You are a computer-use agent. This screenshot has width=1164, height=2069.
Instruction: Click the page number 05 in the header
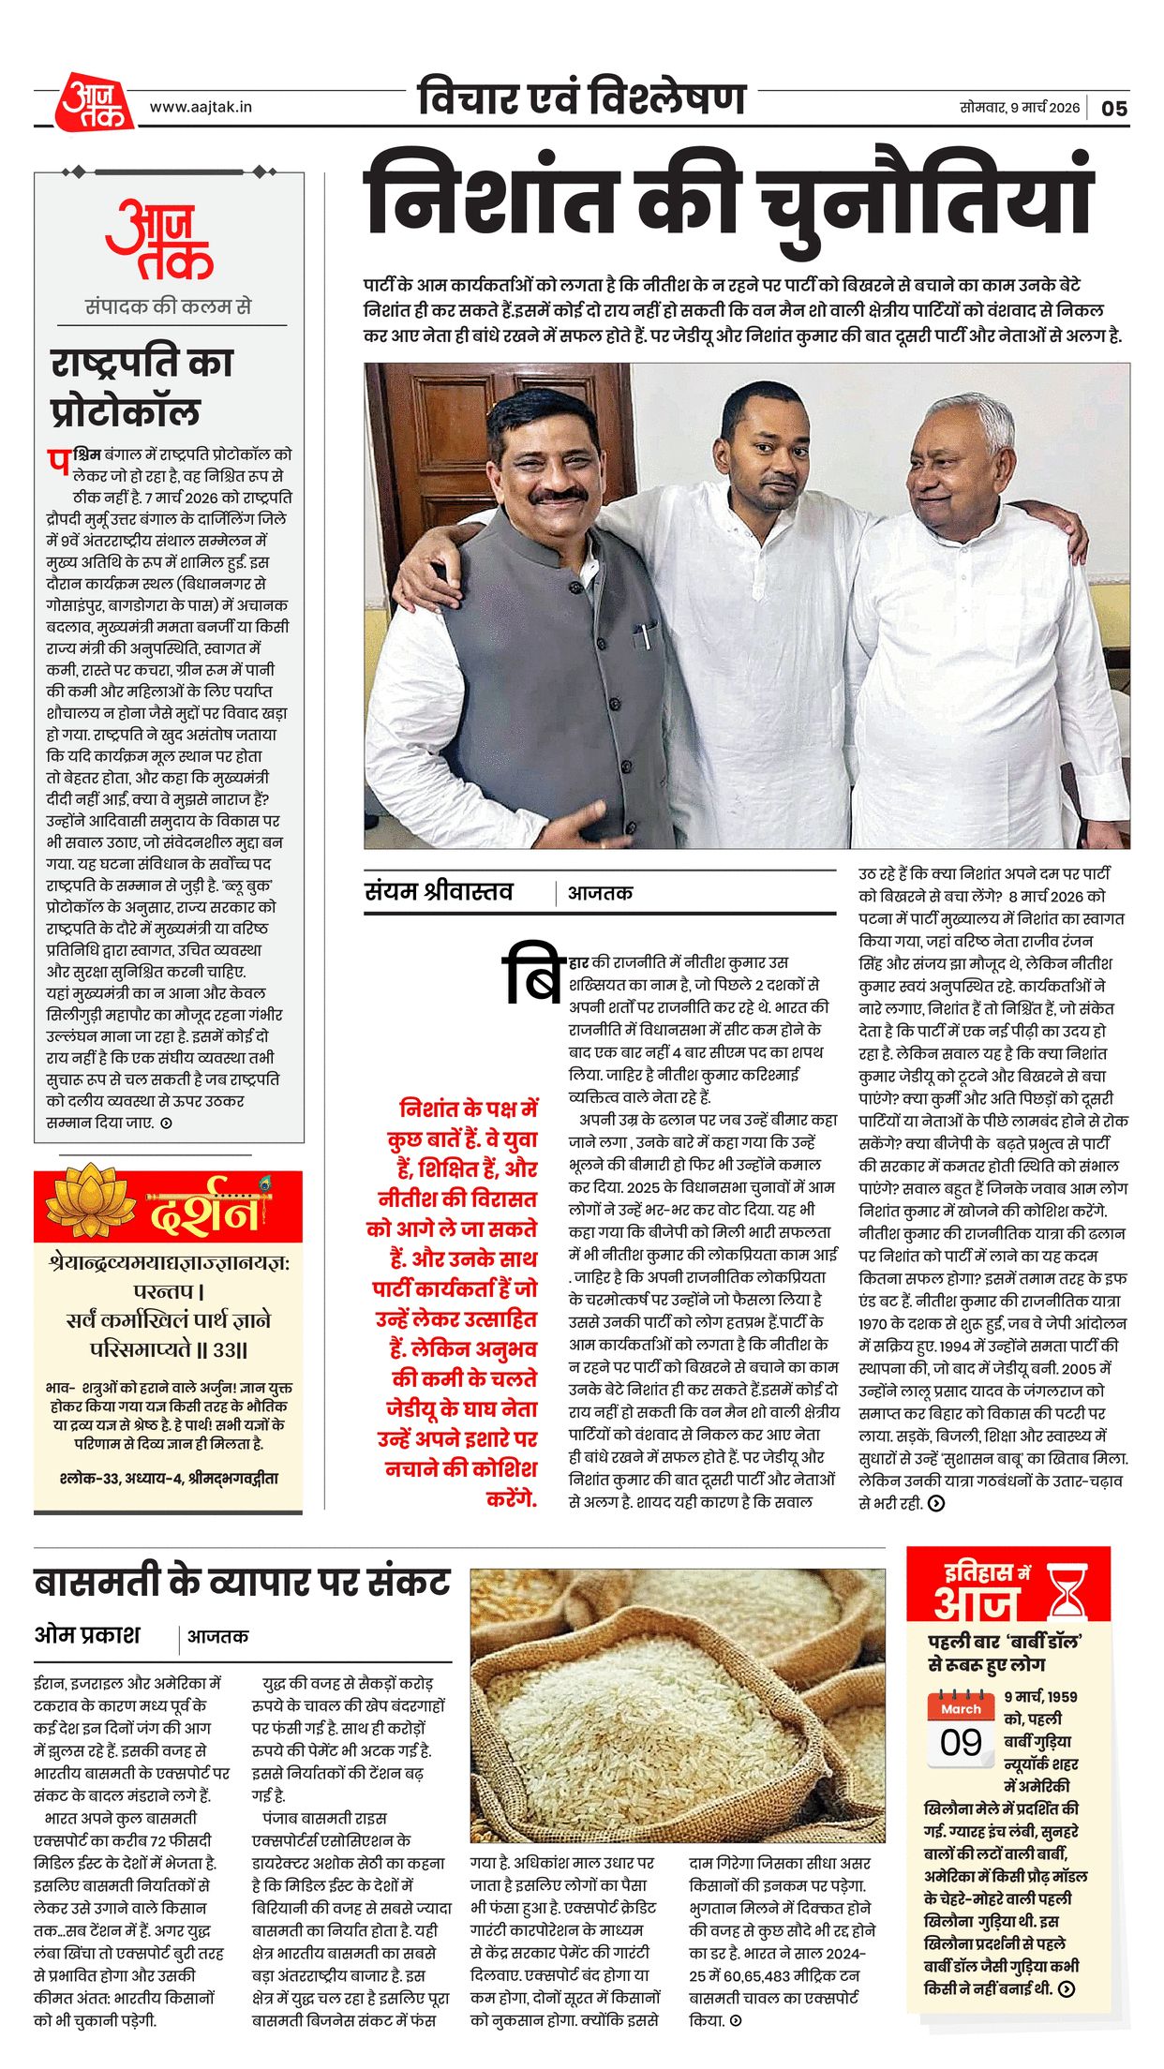coord(1113,108)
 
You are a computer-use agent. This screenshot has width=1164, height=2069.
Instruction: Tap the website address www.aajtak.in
coord(201,107)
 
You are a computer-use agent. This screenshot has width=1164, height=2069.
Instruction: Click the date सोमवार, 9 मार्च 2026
coord(1019,107)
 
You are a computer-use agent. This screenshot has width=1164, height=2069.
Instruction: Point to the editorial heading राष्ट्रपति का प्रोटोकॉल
coord(141,386)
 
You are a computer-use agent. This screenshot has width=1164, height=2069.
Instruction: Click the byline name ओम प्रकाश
coord(87,1635)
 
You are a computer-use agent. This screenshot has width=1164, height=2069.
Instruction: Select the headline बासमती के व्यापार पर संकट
coord(242,1582)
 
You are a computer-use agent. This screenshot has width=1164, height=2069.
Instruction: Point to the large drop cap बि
coord(532,975)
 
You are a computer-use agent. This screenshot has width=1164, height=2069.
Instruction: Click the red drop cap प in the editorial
coord(58,461)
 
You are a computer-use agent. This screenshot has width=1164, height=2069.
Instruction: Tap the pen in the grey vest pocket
coord(645,636)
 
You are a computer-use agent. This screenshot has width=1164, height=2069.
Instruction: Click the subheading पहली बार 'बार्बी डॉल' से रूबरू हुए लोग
coord(1006,1652)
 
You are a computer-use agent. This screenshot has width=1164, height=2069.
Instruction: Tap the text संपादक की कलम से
coord(168,306)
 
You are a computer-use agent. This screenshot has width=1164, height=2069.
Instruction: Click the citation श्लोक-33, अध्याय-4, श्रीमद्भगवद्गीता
coord(168,1479)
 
